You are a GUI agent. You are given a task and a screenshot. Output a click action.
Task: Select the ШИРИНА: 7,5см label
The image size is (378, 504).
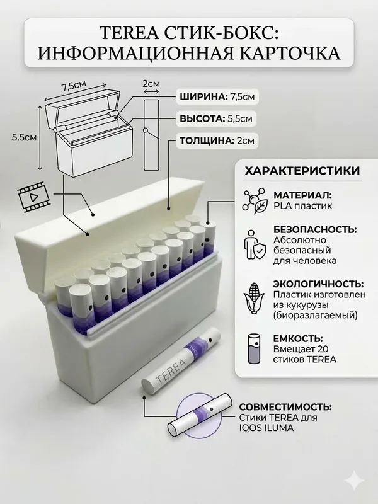(x=217, y=97)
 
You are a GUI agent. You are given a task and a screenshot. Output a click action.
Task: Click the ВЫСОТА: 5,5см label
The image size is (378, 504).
(x=215, y=118)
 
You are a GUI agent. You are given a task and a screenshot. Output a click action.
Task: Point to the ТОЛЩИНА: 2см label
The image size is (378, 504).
(x=217, y=140)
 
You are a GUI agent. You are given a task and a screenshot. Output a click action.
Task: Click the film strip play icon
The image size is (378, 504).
(x=34, y=195)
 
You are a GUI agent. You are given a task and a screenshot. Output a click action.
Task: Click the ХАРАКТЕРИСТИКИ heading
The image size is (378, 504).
(x=302, y=171)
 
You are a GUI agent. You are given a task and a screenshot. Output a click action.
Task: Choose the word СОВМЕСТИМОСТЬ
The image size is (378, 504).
(x=285, y=407)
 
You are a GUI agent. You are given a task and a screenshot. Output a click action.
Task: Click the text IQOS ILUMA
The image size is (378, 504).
(x=266, y=428)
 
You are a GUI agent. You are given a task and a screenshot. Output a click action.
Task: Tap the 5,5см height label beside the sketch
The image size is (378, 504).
(x=24, y=137)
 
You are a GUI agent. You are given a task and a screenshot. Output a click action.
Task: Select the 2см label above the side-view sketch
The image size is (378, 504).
(x=151, y=84)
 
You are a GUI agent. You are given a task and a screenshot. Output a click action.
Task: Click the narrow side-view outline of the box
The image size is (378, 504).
(x=151, y=135)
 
